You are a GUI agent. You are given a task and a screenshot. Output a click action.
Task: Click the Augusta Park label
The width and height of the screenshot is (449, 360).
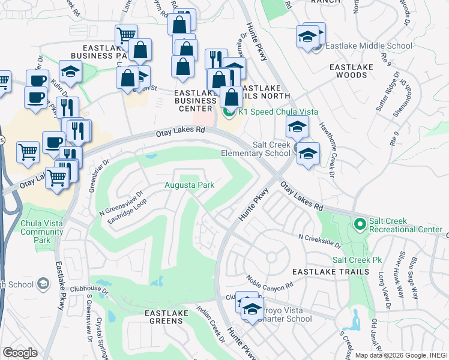pyautogui.click(x=190, y=185)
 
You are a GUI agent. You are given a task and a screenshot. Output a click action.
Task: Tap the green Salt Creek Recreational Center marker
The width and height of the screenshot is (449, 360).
pyautogui.click(x=360, y=225)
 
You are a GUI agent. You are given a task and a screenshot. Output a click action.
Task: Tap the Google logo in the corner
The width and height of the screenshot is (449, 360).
pyautogui.click(x=20, y=352)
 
